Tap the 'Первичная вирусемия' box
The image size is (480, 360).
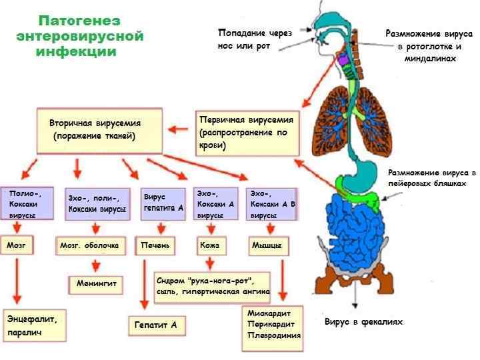247,133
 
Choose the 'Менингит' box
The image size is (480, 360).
96,284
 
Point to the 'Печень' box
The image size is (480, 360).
155,246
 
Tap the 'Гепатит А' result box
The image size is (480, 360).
156,325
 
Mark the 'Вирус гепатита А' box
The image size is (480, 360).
163,203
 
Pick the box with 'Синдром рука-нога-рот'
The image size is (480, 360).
213,286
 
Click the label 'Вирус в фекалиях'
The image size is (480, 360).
363,322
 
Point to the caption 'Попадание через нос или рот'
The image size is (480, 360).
255,39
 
